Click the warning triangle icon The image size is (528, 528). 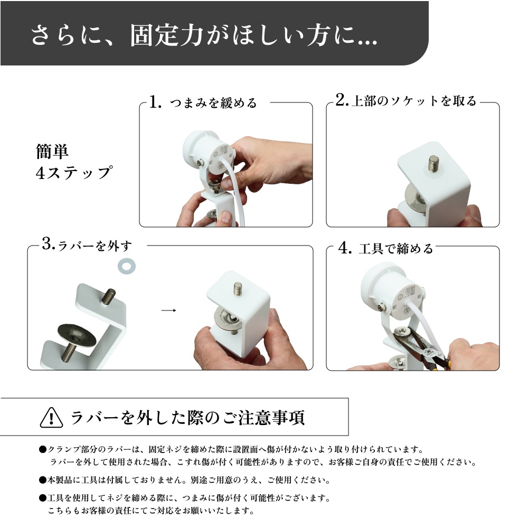coord(51,418)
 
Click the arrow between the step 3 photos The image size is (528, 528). coord(168,310)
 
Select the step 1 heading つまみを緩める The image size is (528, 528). coord(213,102)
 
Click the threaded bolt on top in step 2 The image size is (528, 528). coord(435,162)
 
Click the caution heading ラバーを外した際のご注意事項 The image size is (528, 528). coord(187,418)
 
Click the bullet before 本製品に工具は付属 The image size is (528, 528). coord(42,481)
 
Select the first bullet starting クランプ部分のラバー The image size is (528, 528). coord(42,449)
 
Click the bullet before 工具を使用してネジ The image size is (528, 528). coord(42,498)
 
